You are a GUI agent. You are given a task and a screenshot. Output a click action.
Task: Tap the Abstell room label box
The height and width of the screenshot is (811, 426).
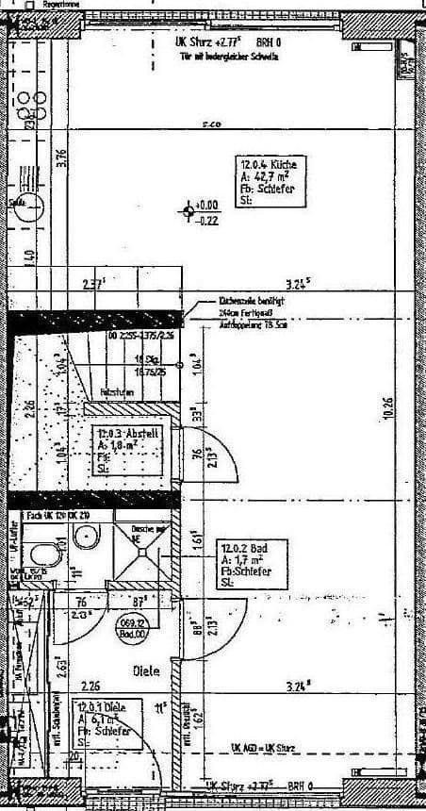pos(125,448)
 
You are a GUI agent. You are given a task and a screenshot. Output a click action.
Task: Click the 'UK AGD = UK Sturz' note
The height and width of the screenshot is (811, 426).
pos(263,747)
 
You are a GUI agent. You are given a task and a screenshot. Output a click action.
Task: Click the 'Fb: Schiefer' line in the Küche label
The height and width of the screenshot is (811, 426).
pos(269,190)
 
